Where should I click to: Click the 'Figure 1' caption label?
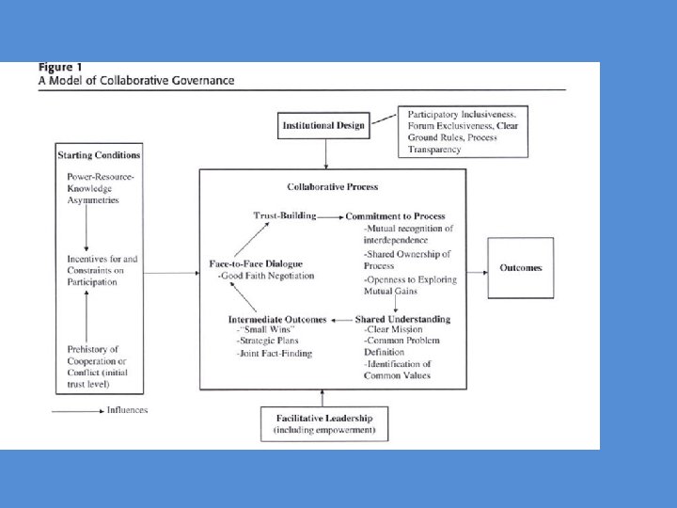point(59,68)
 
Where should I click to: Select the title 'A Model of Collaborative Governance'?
point(136,81)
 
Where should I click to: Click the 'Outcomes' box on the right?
point(520,268)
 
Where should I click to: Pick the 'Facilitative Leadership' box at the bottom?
point(323,424)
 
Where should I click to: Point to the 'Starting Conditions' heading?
point(99,154)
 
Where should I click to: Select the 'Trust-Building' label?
point(284,215)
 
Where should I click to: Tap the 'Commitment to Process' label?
point(395,217)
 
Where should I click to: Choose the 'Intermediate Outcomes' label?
point(276,320)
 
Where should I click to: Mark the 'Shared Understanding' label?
point(402,320)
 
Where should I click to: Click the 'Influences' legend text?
point(127,410)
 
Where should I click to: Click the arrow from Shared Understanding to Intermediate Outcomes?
point(339,320)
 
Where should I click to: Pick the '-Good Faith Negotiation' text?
point(266,277)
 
